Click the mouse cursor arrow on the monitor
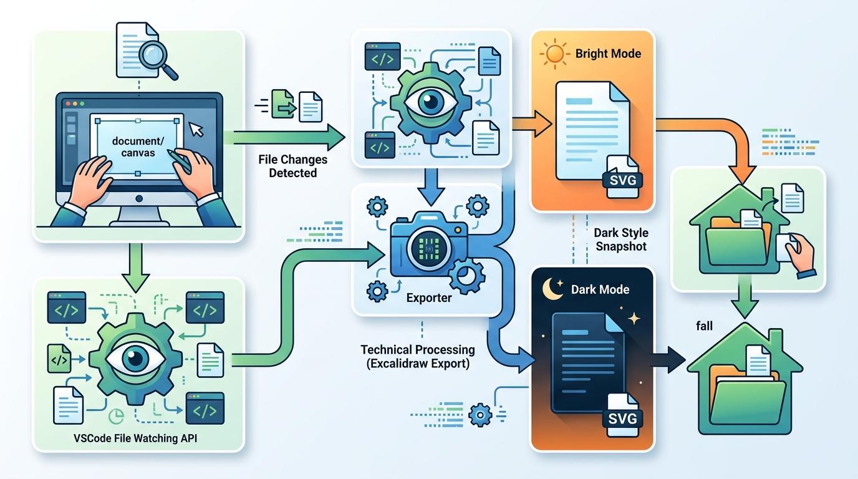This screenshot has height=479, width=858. click(x=196, y=129)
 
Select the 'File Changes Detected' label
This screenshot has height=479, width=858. click(x=292, y=167)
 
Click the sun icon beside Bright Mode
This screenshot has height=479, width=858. click(x=553, y=54)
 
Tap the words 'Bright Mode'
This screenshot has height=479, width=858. click(x=608, y=54)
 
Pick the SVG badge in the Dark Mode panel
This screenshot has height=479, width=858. click(x=621, y=417)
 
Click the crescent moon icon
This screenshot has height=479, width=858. click(x=552, y=289)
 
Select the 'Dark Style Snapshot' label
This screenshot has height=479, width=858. click(x=621, y=239)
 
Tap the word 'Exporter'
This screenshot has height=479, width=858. click(x=429, y=298)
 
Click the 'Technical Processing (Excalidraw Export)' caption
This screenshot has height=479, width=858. click(x=417, y=356)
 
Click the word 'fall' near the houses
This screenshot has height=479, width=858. click(x=704, y=326)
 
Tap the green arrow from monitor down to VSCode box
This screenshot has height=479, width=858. click(x=138, y=264)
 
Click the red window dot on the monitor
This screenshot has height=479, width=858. click(x=66, y=103)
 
